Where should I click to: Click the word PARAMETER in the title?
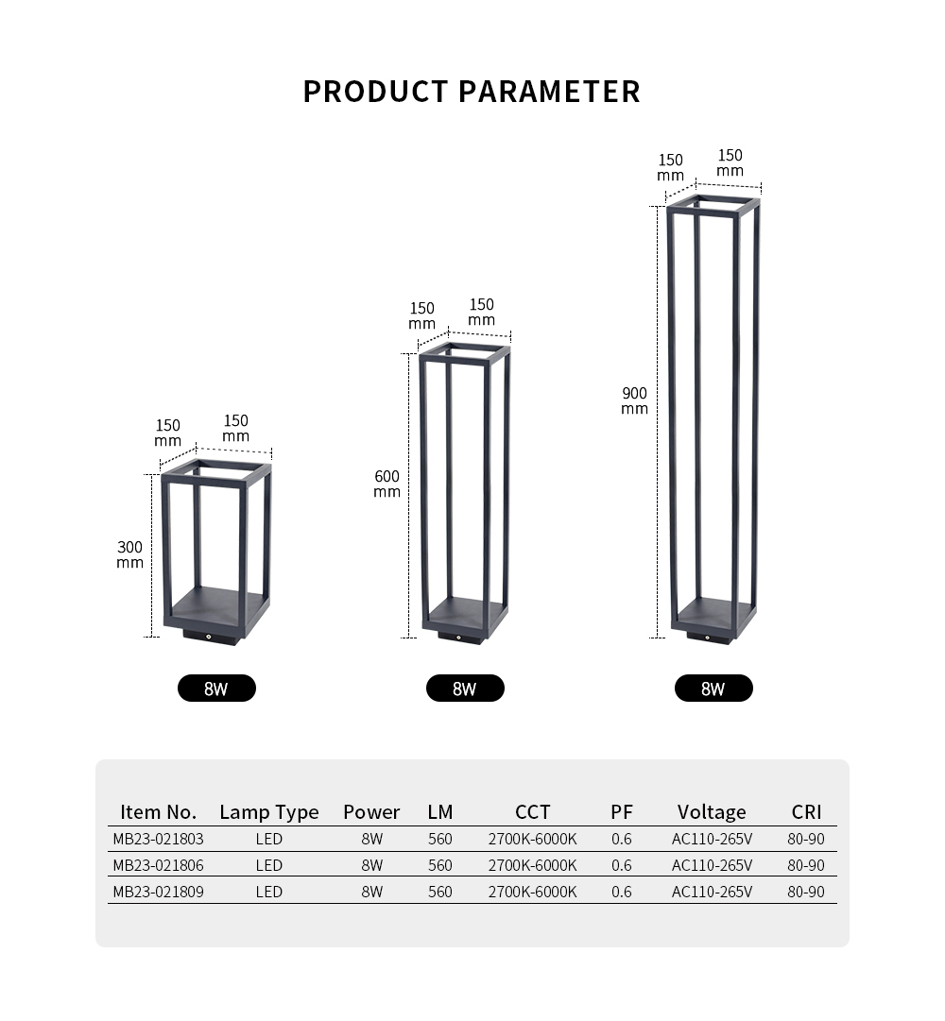[550, 92]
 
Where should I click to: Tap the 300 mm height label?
[129, 554]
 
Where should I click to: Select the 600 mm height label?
[387, 485]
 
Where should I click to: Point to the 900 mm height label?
[634, 401]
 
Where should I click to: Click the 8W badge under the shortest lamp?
[216, 689]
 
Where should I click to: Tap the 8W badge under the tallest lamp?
[713, 689]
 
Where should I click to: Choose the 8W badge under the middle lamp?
[465, 689]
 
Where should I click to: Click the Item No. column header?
[158, 812]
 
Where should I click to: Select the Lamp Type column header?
[269, 812]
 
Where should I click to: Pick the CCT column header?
[533, 812]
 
